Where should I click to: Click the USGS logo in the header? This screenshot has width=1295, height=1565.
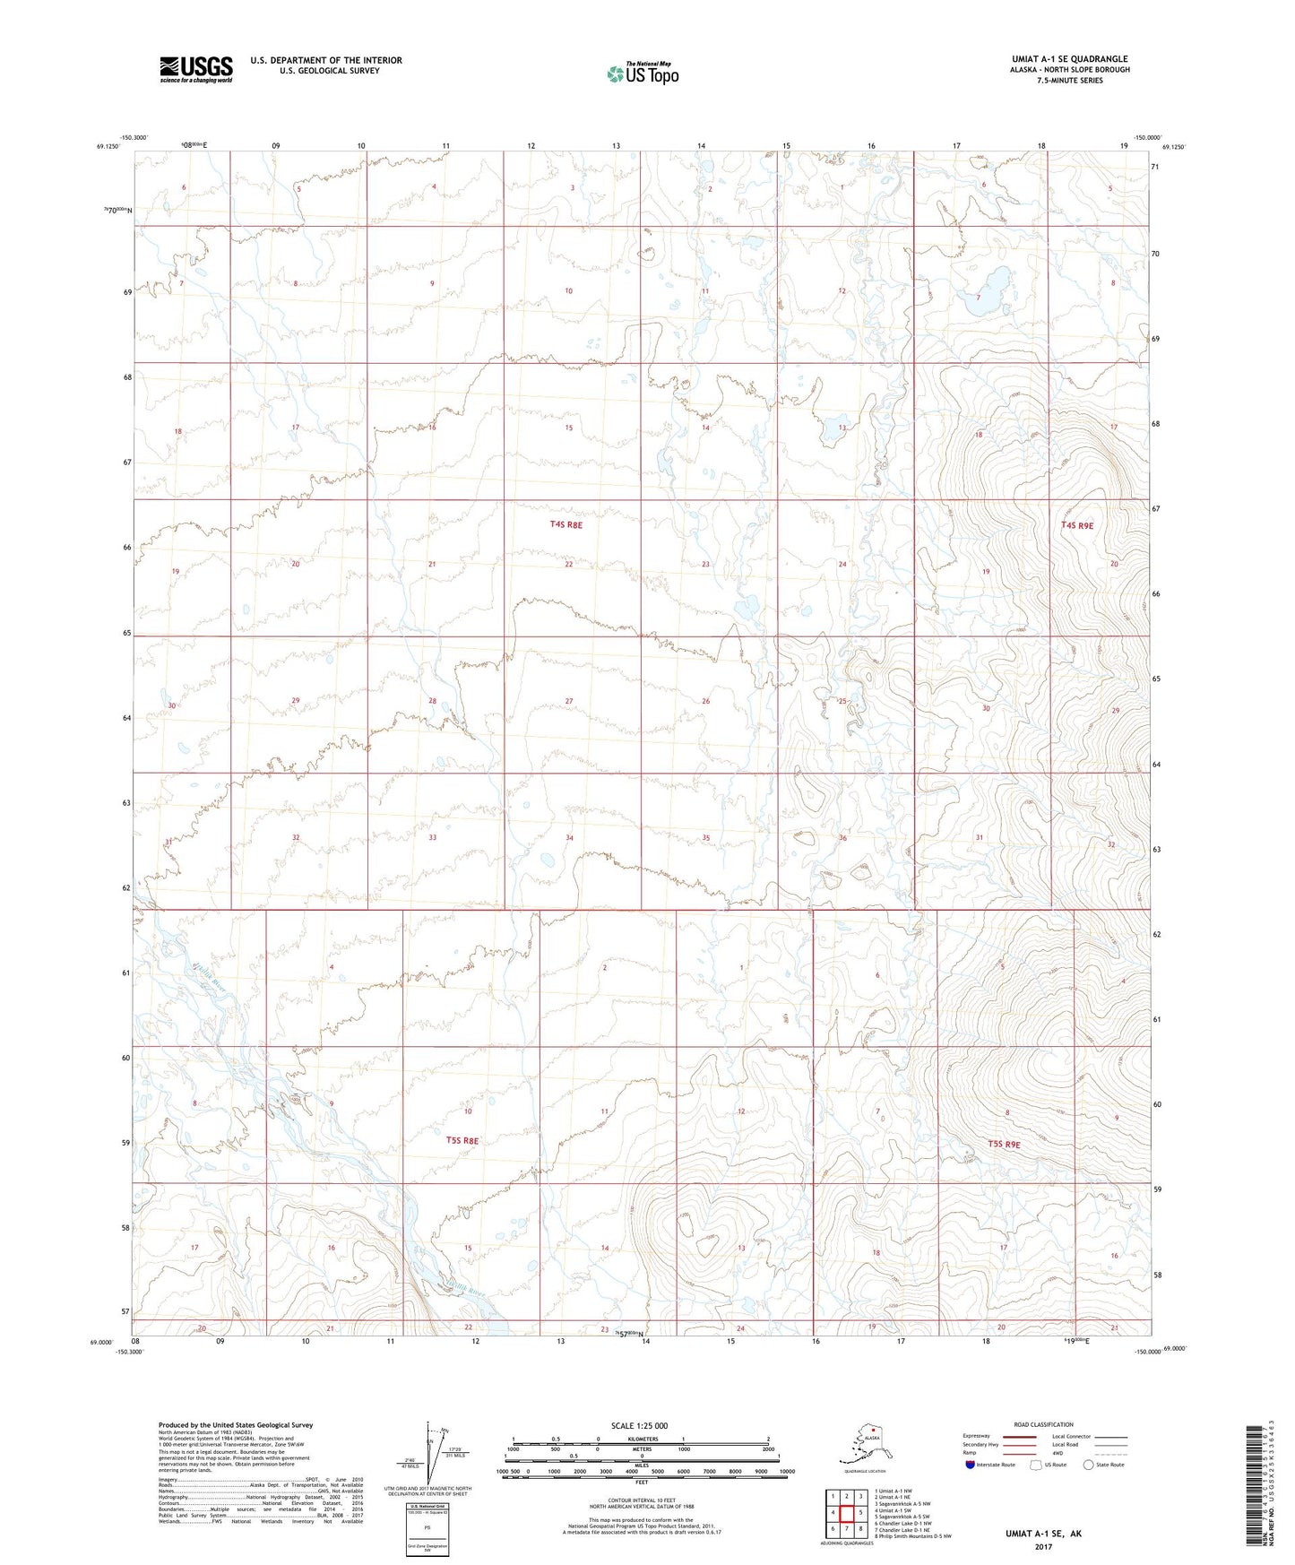pos(195,68)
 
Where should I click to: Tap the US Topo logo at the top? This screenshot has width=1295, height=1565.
pos(642,73)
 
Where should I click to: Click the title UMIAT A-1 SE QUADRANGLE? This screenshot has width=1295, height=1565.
pos(1069,59)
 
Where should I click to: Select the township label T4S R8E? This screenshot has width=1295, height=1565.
pos(565,525)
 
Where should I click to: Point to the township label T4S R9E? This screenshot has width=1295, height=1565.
pos(1076,526)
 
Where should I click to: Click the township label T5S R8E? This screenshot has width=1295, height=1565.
pos(462,1141)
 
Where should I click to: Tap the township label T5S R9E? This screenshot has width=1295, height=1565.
pos(1004,1145)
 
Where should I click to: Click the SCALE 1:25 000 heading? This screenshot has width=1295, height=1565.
pos(639,1425)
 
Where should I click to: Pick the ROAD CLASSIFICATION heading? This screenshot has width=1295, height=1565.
pos(1043,1424)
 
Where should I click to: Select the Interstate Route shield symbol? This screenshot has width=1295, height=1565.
pos(970,1465)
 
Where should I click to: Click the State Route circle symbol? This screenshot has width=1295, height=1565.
pos(1089,1465)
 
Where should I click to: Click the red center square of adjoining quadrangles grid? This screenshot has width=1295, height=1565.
pos(846,1512)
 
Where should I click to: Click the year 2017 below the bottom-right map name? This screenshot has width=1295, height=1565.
pos(1042,1546)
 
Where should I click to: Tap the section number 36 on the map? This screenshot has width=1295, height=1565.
pos(842,838)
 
